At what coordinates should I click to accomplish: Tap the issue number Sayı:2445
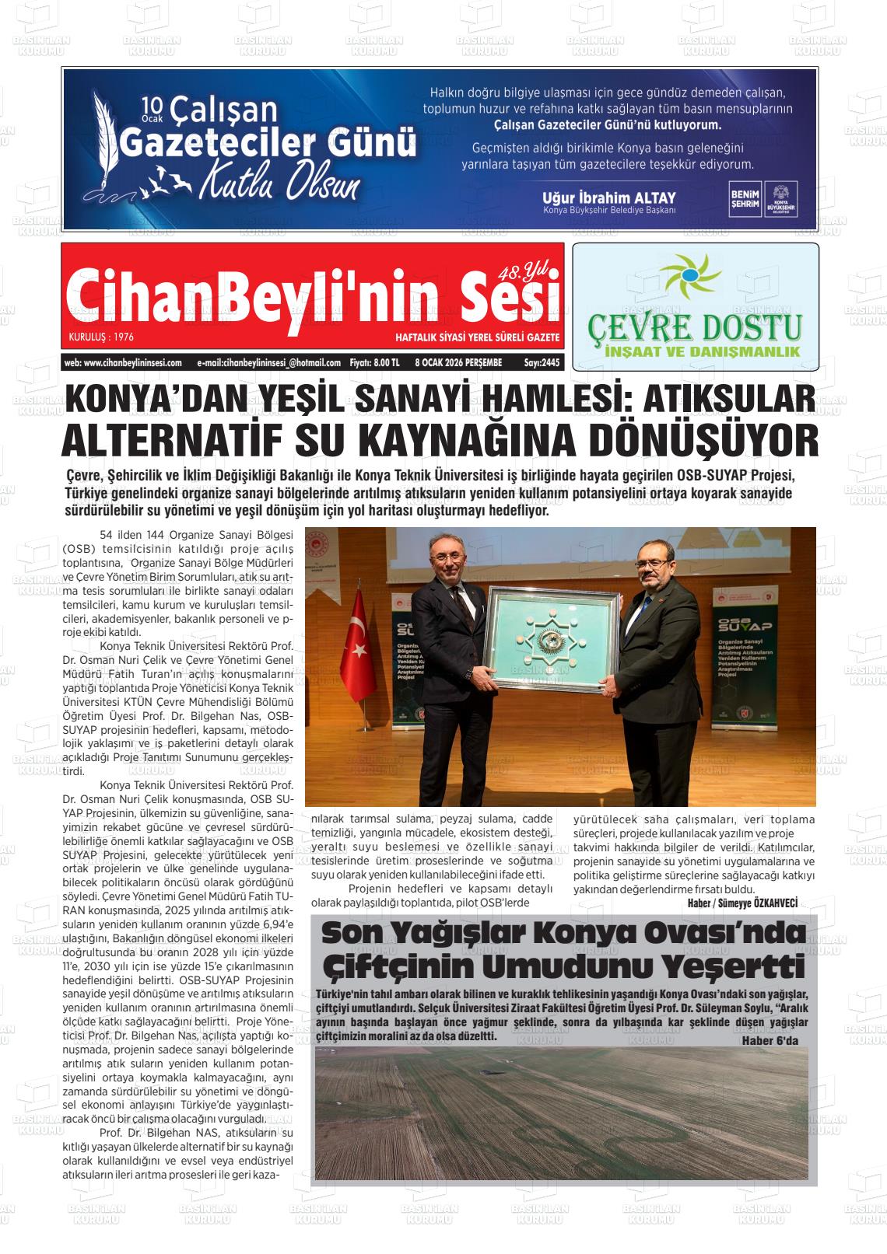tap(542, 362)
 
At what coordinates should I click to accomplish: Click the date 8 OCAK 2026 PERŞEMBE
tap(458, 362)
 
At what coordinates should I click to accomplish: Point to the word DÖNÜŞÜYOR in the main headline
tap(703, 440)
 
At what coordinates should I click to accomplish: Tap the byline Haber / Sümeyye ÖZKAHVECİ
tap(743, 902)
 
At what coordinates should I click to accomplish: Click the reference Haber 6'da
tap(770, 1042)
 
